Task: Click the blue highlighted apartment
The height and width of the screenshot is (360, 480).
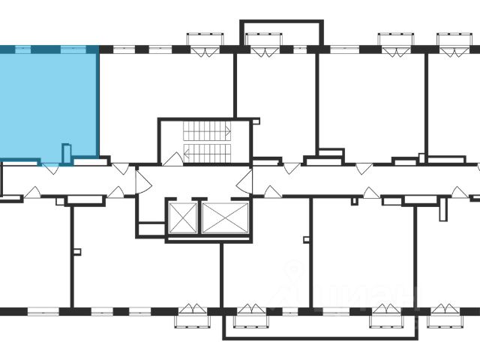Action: coord(49,105)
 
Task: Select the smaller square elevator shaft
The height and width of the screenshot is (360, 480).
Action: coord(182,217)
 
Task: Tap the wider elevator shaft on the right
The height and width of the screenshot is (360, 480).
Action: coord(225,217)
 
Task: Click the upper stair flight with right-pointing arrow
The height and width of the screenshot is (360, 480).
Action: coord(207,130)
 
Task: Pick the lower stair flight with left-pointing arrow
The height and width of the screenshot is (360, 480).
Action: coord(207,153)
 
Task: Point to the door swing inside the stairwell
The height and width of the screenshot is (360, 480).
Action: coord(173,158)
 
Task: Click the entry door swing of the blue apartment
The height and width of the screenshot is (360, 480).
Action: coord(51,169)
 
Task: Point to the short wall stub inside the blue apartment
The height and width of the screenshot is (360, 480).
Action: coord(66,154)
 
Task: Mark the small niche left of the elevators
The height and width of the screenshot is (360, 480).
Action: coord(151,229)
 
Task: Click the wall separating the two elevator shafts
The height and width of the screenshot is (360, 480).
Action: coord(199,217)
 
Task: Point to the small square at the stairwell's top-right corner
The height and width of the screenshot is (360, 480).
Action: coord(256,120)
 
